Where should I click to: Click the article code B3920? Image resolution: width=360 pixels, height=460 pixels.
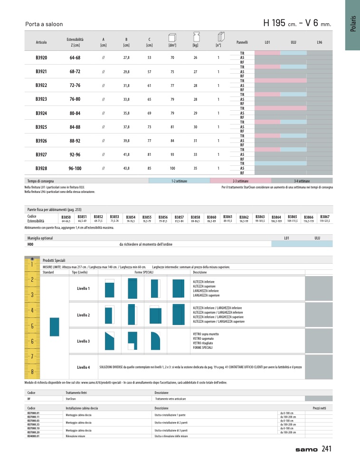[41, 57]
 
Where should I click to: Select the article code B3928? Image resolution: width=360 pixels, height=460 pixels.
[41, 168]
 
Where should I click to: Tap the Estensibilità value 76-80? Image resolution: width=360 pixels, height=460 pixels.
[75, 99]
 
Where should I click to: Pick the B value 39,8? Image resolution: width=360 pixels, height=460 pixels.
[126, 141]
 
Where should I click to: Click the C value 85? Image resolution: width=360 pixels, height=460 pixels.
[149, 168]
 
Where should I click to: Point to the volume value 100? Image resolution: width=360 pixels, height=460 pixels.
[172, 168]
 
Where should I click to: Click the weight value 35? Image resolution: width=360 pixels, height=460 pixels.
[195, 168]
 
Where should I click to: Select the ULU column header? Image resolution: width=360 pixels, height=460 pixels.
[293, 42]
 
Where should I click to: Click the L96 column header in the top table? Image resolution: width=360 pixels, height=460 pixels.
[319, 42]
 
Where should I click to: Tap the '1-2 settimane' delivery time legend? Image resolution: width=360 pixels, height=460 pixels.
[180, 181]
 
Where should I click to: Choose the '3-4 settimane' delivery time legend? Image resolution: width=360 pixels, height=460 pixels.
[302, 181]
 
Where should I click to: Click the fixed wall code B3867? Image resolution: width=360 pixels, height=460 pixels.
[325, 216]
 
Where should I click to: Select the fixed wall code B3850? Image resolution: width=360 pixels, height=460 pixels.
[66, 216]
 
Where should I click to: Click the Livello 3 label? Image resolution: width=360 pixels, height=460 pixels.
[83, 341]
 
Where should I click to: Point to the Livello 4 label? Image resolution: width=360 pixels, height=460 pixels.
[83, 367]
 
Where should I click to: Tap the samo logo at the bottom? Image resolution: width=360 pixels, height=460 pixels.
[306, 449]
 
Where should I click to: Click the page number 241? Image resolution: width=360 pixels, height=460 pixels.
[326, 448]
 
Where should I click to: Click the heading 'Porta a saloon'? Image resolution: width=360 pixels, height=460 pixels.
[44, 24]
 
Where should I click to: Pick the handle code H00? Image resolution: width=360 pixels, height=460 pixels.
[31, 244]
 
